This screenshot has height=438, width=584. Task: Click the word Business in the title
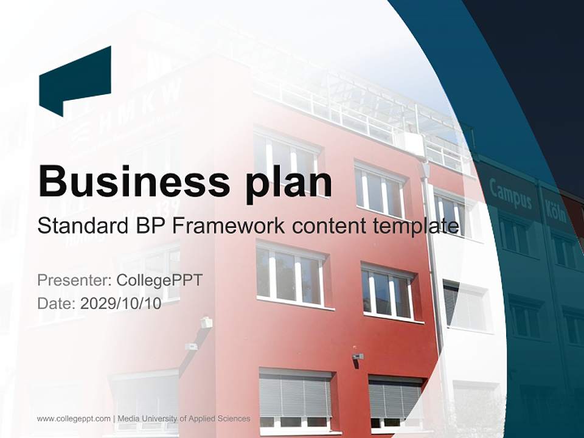(x=128, y=180)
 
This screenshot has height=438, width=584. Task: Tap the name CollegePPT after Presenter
(x=159, y=280)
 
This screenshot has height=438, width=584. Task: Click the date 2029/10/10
(x=121, y=304)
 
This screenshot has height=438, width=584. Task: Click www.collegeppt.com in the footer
(x=74, y=419)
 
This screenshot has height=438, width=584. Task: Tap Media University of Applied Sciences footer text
(x=184, y=419)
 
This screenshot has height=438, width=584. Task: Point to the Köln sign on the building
(x=555, y=210)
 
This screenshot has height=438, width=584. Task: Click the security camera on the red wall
(x=358, y=356)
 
